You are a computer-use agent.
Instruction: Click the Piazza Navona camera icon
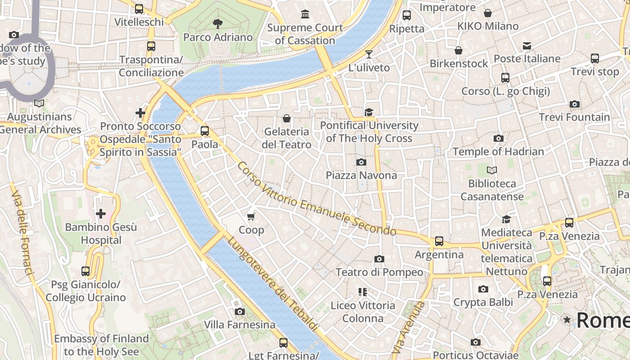point(361,162)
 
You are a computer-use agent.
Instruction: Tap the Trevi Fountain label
point(574,117)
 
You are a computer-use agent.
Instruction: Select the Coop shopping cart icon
point(251,216)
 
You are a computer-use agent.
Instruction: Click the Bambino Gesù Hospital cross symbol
point(101,213)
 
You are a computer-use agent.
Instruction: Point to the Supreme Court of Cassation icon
point(305,14)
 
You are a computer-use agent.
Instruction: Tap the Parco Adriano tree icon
point(218,23)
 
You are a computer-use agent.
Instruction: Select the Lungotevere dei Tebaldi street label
point(273,284)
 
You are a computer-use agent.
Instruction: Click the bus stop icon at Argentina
point(439,241)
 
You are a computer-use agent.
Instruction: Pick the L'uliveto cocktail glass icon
point(369,54)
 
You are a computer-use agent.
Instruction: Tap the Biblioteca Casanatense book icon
point(492,171)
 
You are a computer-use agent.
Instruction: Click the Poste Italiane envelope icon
point(526,46)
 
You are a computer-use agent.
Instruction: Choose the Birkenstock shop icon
point(458,50)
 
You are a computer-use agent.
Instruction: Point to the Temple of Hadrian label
point(498,152)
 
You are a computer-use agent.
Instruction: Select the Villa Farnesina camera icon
point(239,311)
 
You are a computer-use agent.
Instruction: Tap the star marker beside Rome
point(567,320)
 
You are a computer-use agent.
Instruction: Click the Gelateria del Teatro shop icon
point(286,119)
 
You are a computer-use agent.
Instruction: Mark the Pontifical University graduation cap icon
point(369,112)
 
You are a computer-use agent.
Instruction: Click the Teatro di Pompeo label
point(379,272)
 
